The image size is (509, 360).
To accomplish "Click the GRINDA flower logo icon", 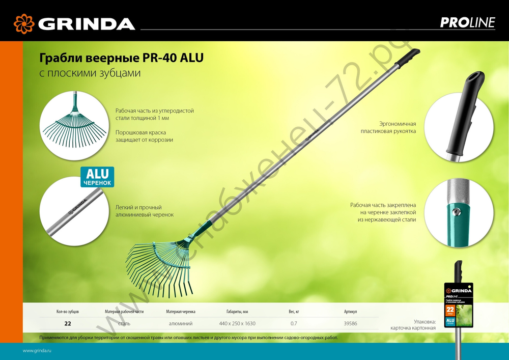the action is pyautogui.click(x=24, y=23).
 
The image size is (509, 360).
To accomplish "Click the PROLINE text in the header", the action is pyautogui.click(x=467, y=23).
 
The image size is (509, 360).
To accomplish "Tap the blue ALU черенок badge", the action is pyautogui.click(x=97, y=176).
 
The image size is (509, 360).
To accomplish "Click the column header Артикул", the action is pyautogui.click(x=350, y=311).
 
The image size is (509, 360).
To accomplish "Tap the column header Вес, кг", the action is pyautogui.click(x=294, y=311).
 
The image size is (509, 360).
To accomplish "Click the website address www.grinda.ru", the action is pyautogui.click(x=38, y=351).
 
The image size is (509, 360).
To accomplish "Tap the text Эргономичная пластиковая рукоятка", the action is pyautogui.click(x=388, y=127).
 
